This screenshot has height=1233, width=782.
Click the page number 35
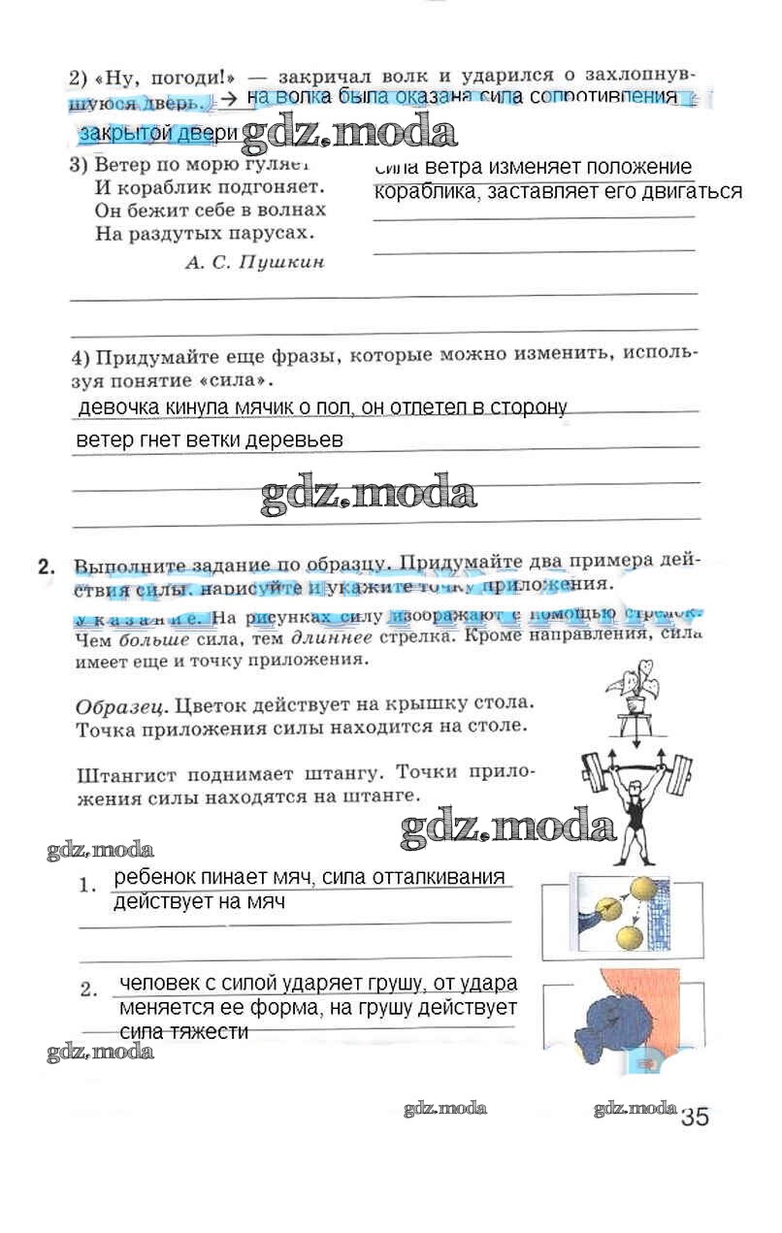click(x=695, y=1116)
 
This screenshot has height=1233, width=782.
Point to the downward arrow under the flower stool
click(x=635, y=737)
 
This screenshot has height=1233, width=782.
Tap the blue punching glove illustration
click(x=606, y=1019)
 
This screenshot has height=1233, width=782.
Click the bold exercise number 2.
click(x=45, y=568)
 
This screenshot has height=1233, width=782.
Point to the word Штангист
click(x=124, y=774)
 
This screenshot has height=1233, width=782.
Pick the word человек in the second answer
click(x=160, y=983)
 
